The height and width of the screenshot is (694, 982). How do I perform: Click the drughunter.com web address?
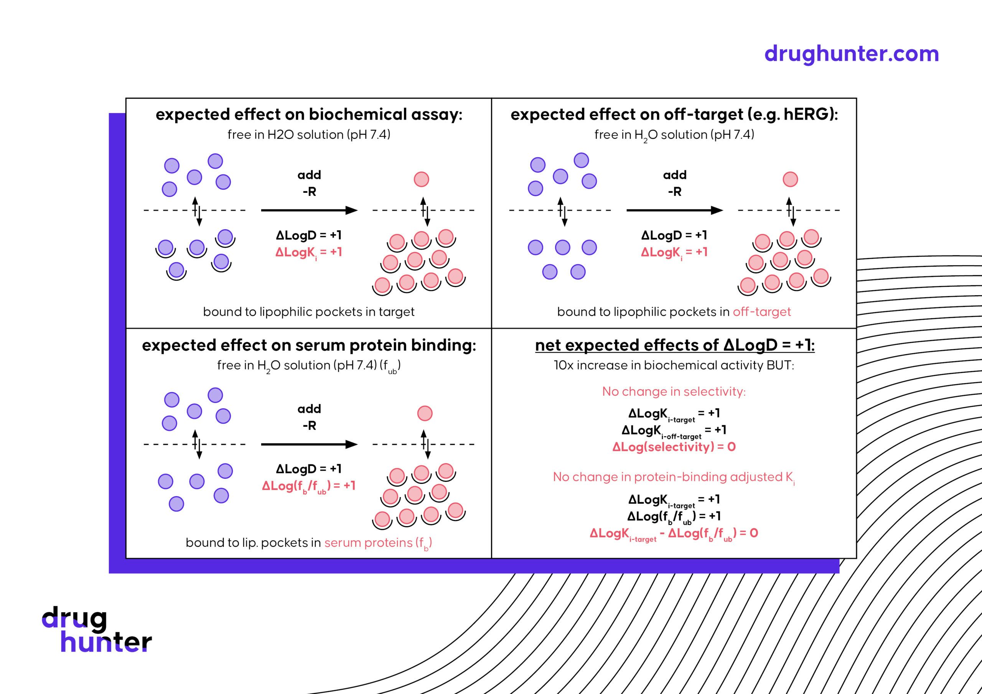coord(851,54)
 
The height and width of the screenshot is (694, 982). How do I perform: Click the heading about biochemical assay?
coord(309,115)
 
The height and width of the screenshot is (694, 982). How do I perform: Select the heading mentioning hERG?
coord(674,115)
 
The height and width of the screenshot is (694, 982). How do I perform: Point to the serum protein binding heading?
coord(309,345)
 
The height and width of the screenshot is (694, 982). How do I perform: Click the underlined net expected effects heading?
coord(674,345)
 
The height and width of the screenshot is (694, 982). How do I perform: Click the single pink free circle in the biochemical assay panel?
coord(421,179)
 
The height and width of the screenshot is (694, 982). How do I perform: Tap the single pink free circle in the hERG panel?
coord(790,179)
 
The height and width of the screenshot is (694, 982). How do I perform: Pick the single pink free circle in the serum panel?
coord(425,413)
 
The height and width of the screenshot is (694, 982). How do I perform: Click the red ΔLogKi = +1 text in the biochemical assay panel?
coord(309,252)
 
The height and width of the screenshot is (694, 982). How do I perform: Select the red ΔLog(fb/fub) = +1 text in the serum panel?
coord(309,486)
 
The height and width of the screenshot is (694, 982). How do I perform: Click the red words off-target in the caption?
coord(761,312)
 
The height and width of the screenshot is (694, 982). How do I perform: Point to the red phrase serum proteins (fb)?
coord(378,543)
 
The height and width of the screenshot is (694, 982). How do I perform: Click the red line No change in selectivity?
coord(674,391)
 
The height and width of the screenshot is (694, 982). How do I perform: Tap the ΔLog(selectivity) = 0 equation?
coord(674,447)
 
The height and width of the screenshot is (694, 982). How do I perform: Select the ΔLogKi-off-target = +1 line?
coord(674,430)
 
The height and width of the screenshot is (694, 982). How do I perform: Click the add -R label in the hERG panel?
coord(674,183)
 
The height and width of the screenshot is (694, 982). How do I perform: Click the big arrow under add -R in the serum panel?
coord(309,444)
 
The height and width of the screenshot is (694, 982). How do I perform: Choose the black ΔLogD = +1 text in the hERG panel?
coord(674,235)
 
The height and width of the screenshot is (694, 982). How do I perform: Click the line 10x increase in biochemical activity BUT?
coord(674,365)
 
